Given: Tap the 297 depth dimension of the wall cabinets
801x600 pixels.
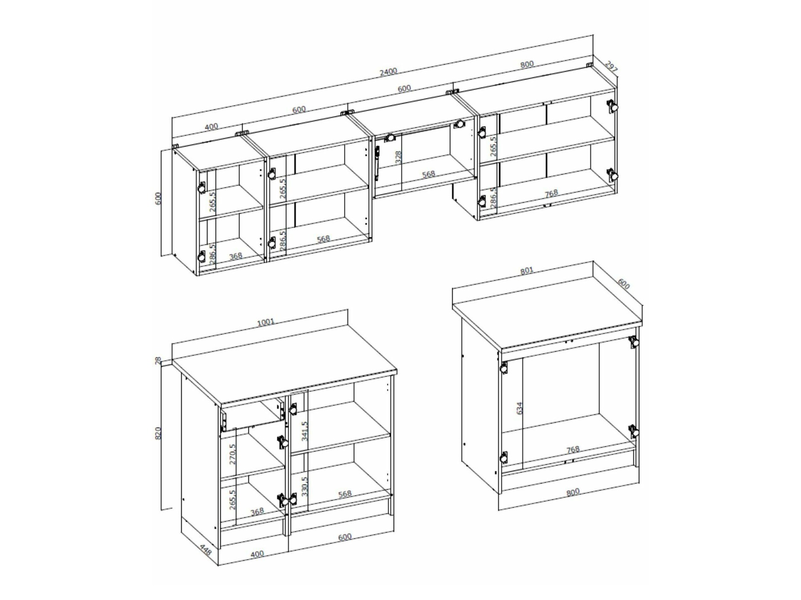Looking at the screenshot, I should (x=611, y=67).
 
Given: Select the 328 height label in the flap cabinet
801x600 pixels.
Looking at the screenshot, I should (x=398, y=157).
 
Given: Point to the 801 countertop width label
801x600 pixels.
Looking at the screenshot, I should (x=527, y=271).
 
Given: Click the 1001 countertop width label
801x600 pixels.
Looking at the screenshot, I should (x=265, y=322).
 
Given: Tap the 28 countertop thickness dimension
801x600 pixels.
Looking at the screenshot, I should (x=158, y=361).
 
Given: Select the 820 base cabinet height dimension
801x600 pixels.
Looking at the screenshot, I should (x=158, y=433).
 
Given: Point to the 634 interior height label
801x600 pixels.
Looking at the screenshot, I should (x=520, y=408).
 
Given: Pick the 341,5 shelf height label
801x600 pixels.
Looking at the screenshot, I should (x=305, y=431).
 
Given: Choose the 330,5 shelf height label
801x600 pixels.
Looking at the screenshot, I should (x=305, y=486).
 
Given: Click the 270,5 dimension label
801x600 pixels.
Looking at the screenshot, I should (x=233, y=454).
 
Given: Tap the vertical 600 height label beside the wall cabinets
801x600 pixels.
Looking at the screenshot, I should (x=158, y=198).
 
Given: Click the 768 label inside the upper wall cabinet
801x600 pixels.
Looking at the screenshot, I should (x=551, y=193).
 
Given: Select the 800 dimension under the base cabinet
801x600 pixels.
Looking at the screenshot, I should (x=572, y=492).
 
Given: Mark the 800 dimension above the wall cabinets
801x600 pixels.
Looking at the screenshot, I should (x=527, y=64).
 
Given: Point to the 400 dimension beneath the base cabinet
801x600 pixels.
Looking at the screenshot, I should (x=257, y=554).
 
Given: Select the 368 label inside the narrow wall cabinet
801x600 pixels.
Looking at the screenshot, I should (x=236, y=256).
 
